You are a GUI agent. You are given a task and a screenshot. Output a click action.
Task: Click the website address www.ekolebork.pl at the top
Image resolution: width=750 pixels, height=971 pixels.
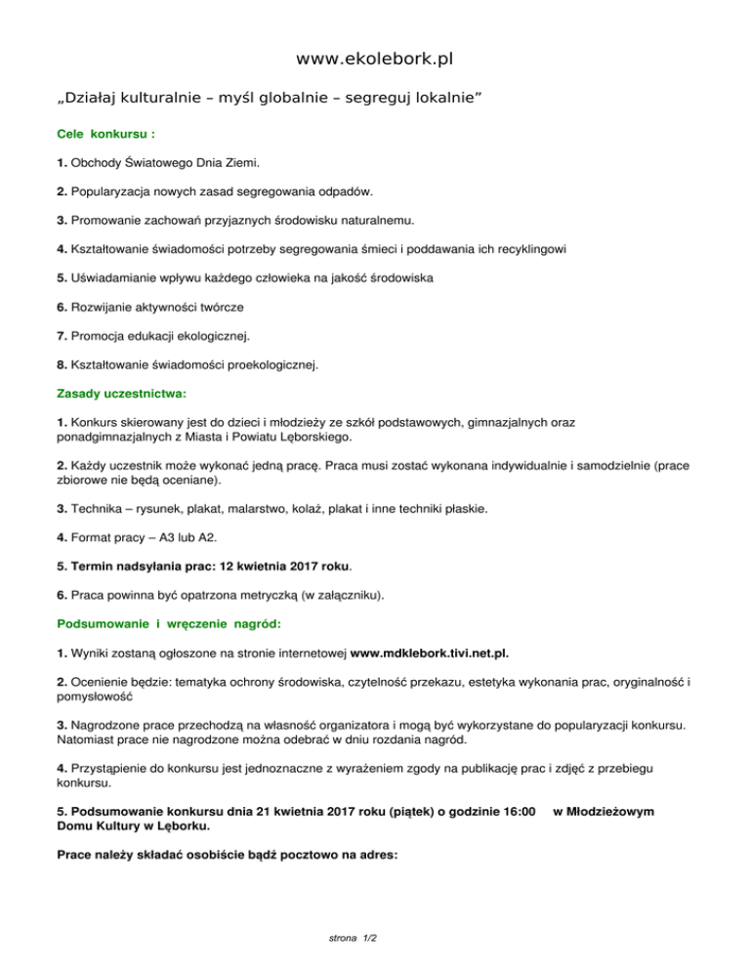click(x=375, y=61)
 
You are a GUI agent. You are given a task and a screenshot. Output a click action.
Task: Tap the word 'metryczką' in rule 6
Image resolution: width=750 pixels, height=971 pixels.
click(x=274, y=595)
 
